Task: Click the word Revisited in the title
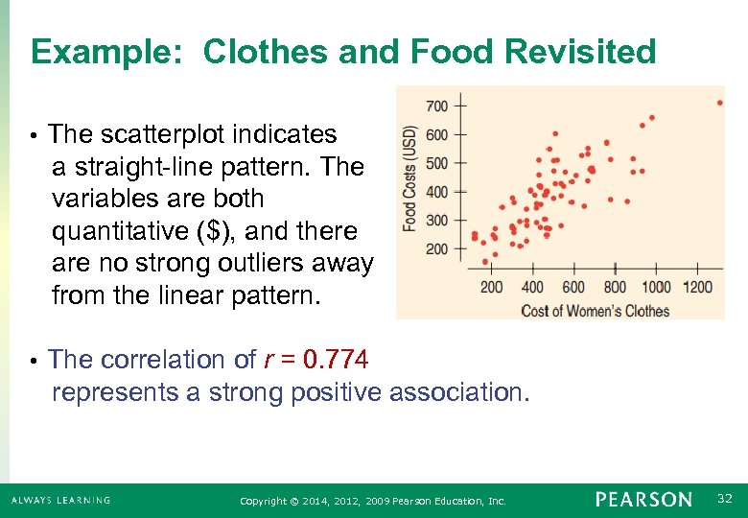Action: click(x=573, y=52)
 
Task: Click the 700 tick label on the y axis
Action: click(x=436, y=105)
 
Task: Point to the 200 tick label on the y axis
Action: click(x=436, y=249)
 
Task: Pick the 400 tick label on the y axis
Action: click(x=436, y=192)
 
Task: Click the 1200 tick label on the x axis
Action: click(x=698, y=287)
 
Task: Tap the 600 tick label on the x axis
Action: click(x=573, y=287)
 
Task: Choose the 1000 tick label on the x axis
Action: click(x=656, y=287)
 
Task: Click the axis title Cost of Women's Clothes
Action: click(x=595, y=310)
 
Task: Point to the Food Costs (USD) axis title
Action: click(x=410, y=177)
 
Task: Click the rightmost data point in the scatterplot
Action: click(x=720, y=103)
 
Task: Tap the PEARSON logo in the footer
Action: click(x=643, y=500)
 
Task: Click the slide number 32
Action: click(x=726, y=499)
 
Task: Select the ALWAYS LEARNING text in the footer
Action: click(x=60, y=500)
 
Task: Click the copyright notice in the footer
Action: click(x=373, y=501)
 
